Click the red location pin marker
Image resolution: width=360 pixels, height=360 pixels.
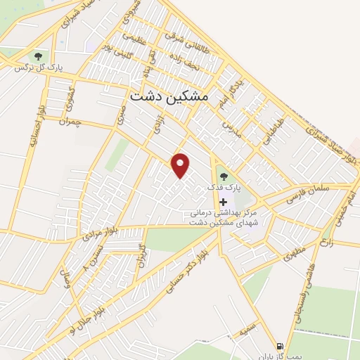(x=181, y=165)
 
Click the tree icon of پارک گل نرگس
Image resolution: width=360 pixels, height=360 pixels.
(x=37, y=56)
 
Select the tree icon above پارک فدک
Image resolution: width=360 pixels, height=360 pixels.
(x=224, y=175)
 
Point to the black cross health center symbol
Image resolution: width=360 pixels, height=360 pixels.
(x=224, y=202)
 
